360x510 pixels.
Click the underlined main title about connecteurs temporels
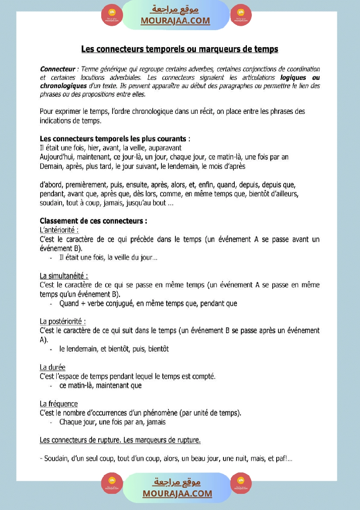click(180, 49)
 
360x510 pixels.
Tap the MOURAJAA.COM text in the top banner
click(175, 21)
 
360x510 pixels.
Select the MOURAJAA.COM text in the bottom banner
click(177, 493)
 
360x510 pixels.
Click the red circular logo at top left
click(112, 15)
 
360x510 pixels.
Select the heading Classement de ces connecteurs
click(93, 221)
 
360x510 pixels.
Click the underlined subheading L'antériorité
click(59, 230)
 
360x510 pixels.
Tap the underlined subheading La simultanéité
click(64, 276)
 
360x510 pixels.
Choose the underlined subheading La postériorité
click(62, 322)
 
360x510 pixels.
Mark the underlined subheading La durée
click(52, 367)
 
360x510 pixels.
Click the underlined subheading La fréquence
click(58, 404)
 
